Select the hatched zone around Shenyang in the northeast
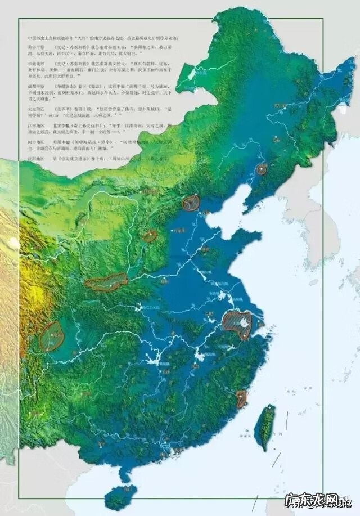click(x=262, y=169)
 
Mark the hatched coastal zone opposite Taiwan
click(x=241, y=398)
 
